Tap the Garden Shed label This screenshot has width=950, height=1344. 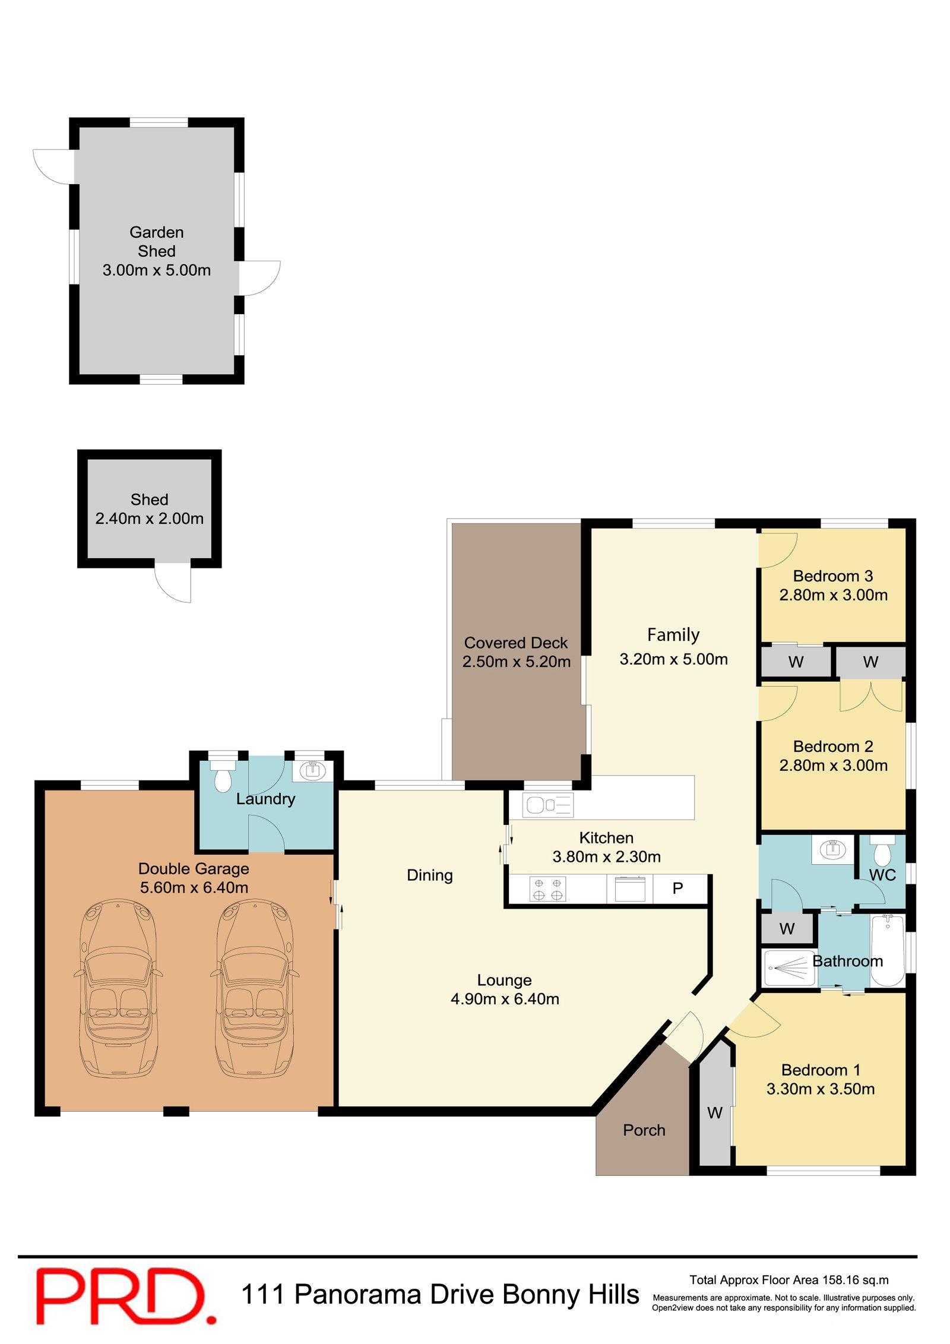pos(156,241)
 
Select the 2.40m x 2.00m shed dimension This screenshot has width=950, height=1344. pos(149,518)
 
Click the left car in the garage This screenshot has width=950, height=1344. pos(118,989)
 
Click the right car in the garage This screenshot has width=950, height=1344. pos(255,989)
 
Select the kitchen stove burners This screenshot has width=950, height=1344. pos(547,889)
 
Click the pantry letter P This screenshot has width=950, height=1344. pos(677,888)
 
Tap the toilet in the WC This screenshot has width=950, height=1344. pos(882,853)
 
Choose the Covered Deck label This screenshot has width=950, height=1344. pos(515,643)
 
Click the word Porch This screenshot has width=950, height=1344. pos(644,1130)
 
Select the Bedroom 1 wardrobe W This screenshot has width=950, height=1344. pos(714,1113)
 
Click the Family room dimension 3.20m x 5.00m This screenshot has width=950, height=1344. pos(673,659)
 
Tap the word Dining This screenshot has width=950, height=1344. pos(429,875)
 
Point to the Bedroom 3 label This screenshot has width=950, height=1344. pos(832,576)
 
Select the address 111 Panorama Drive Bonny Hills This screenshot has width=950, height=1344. pos(440,1295)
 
